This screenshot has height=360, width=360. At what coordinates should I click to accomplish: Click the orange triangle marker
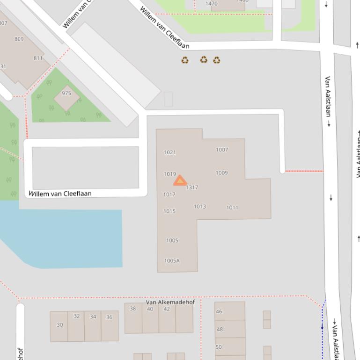[x=180, y=181]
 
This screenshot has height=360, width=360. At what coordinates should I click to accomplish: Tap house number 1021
[x=170, y=152]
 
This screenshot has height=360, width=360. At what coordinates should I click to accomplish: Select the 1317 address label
[x=192, y=187]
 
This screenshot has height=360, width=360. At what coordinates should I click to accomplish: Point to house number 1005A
[x=172, y=261]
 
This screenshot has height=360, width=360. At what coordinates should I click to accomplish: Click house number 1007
[x=222, y=150]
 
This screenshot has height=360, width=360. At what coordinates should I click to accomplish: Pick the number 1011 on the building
[x=232, y=208]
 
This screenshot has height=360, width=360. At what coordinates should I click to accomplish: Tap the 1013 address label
[x=200, y=206]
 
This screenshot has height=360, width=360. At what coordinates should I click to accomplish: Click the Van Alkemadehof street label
[x=170, y=302]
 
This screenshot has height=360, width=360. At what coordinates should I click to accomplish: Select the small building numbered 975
[x=66, y=97]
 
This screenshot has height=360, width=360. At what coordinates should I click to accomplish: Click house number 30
[x=59, y=325]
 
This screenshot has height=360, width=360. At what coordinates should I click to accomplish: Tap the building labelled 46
[x=219, y=311]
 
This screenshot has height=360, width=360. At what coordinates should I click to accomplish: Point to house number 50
[x=219, y=347]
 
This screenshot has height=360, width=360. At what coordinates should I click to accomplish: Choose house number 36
[x=109, y=317]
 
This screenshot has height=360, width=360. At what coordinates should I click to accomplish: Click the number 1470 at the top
[x=212, y=4]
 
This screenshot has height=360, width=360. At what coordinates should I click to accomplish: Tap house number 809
[x=19, y=39]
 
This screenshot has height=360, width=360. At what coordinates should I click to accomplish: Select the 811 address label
[x=38, y=58]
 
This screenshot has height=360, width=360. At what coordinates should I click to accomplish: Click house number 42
[x=167, y=309]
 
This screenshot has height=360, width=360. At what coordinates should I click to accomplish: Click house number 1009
[x=222, y=173]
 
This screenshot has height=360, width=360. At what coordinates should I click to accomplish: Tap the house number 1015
[x=169, y=211]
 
